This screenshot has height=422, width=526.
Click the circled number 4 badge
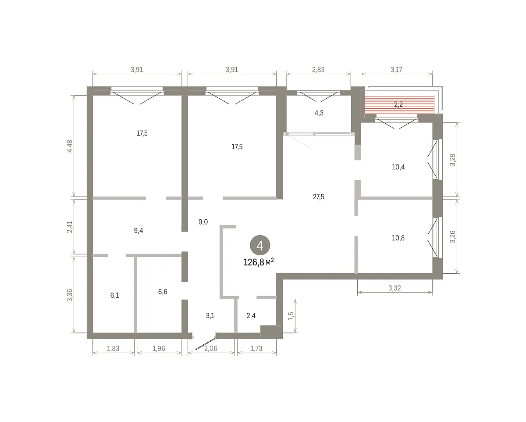coord(260,245)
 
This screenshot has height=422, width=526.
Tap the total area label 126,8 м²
coord(258,262)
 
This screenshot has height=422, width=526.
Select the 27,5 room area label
coord(319,197)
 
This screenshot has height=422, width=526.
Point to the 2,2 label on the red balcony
coord(398,104)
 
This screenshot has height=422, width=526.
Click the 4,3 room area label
coord(319,113)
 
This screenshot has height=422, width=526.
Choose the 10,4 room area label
coord(398,167)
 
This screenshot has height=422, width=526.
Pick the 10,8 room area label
coord(398,238)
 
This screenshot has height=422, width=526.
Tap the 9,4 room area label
coord(139,230)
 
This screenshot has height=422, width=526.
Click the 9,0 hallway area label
coord(203,222)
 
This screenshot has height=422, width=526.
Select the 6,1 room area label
coord(115,295)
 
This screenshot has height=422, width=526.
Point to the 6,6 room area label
coord(163,292)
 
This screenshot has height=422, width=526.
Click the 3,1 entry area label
coord(210,315)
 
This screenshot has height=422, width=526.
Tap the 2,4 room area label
coord(251,315)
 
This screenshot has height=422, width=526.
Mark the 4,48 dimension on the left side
coord(70,146)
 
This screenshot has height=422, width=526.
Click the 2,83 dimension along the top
coord(318,70)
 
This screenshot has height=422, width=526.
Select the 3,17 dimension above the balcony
coord(396,70)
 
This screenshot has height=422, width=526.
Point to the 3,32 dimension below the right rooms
coord(395,288)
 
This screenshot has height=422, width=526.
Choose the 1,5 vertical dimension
coord(291,316)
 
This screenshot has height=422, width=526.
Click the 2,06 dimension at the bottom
coord(211,348)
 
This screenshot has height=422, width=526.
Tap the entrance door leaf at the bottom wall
coord(205,344)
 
